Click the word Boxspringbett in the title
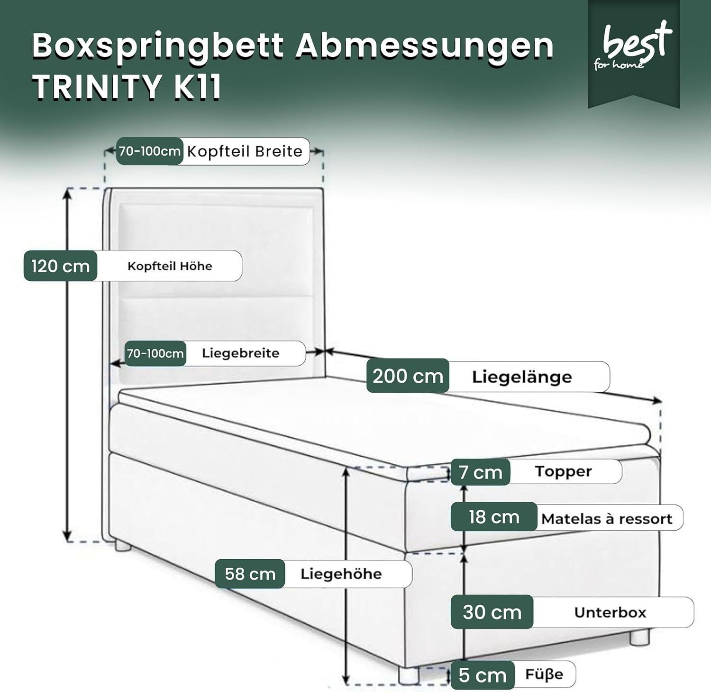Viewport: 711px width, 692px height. pyautogui.click(x=158, y=47)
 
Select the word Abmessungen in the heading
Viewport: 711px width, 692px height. pyautogui.click(x=425, y=47)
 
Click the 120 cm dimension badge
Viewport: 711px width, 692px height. pyautogui.click(x=61, y=266)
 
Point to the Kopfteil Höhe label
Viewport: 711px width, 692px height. pyautogui.click(x=170, y=266)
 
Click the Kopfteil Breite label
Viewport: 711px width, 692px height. pyautogui.click(x=245, y=151)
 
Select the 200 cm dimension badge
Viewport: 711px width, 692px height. pyautogui.click(x=408, y=376)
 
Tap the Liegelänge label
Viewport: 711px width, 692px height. pyautogui.click(x=522, y=377)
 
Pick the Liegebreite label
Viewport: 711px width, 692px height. pyautogui.click(x=240, y=353)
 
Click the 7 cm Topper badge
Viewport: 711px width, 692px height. pyautogui.click(x=480, y=472)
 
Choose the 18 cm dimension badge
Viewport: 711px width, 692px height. pyautogui.click(x=494, y=517)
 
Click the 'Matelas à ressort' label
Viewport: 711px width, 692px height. pyautogui.click(x=607, y=518)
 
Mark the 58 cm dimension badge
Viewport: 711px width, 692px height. pyautogui.click(x=250, y=573)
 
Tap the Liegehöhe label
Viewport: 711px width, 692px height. pyautogui.click(x=341, y=574)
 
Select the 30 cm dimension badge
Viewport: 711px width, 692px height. pyautogui.click(x=492, y=612)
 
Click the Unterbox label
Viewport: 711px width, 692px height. pyautogui.click(x=610, y=612)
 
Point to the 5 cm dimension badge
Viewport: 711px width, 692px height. pyautogui.click(x=482, y=675)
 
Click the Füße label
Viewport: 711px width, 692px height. pyautogui.click(x=544, y=674)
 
